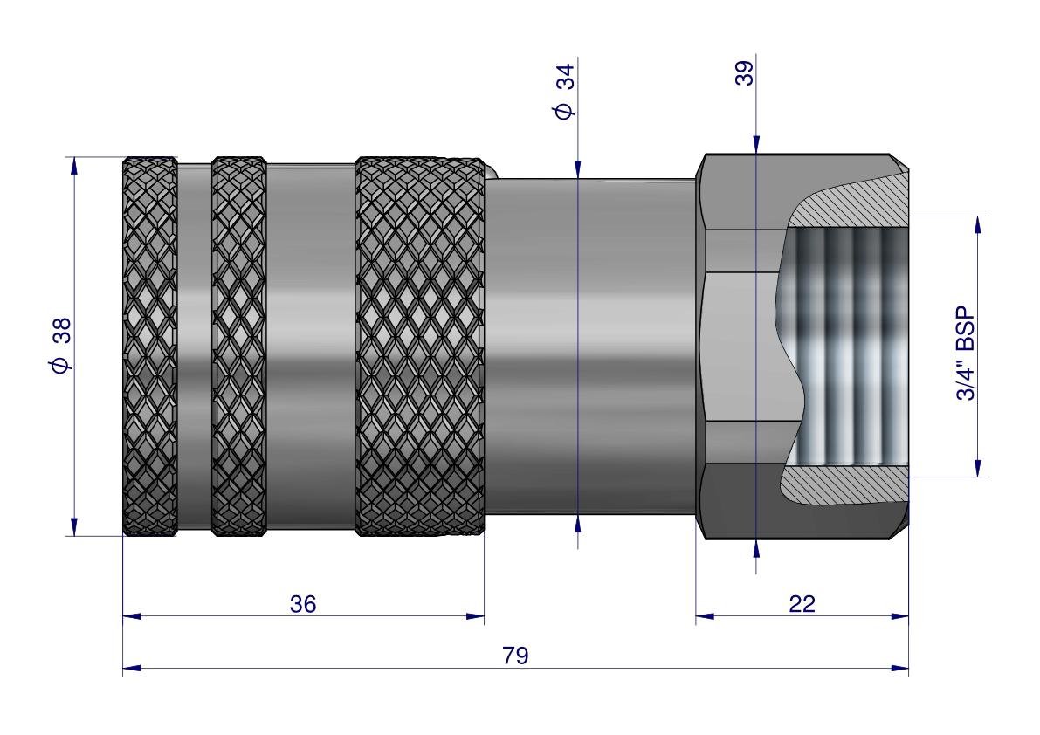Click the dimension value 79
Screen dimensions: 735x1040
516,655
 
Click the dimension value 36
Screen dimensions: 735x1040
303,603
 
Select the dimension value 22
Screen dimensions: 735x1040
802,603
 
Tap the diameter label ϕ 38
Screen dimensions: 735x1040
61,345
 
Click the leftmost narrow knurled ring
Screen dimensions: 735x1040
149,346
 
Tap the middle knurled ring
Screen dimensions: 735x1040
238,346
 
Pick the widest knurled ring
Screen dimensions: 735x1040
420,346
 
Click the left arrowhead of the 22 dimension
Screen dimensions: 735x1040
704,616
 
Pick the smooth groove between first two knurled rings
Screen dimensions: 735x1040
194,346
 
